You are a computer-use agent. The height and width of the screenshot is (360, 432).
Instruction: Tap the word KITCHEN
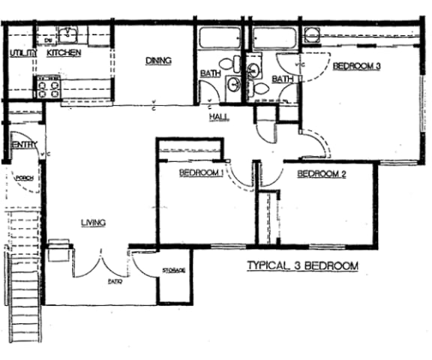pyautogui.click(x=64, y=53)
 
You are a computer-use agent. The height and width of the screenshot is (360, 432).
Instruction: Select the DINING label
pyautogui.click(x=159, y=61)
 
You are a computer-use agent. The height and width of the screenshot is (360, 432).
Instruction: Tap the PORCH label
pyautogui.click(x=25, y=178)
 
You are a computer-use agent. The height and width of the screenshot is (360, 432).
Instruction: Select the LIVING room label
pyautogui.click(x=93, y=222)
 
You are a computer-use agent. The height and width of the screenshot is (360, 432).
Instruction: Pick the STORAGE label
pyautogui.click(x=174, y=271)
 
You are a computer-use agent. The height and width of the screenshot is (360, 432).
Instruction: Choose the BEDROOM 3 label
pyautogui.click(x=357, y=66)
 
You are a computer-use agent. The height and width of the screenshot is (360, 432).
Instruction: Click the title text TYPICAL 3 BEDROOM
pyautogui.click(x=302, y=266)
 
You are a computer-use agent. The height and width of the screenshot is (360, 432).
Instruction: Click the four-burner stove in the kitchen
pyautogui.click(x=49, y=89)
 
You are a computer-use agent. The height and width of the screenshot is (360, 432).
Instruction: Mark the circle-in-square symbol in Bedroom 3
pyautogui.click(x=311, y=34)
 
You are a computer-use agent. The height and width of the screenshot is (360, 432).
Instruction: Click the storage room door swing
pyautogui.click(x=142, y=262)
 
